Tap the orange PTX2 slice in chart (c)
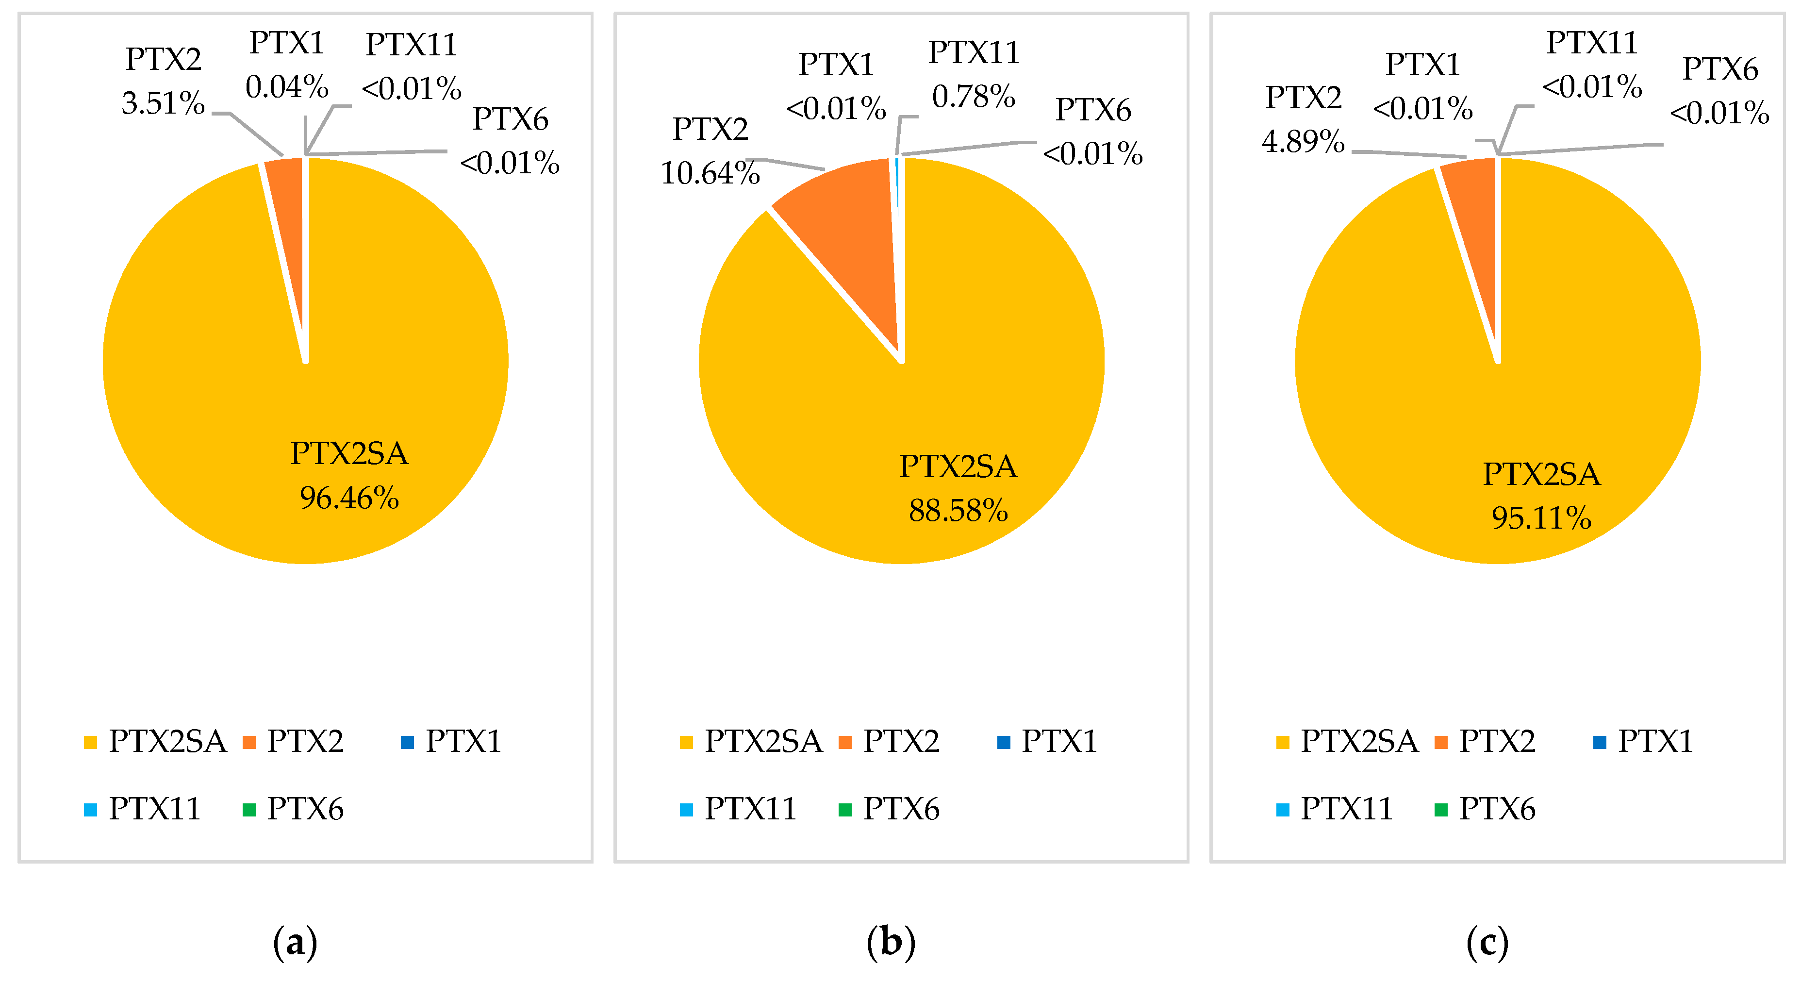pos(1475,217)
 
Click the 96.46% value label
pos(349,498)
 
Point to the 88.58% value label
pos(958,511)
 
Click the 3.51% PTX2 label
pos(163,103)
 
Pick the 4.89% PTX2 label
pos(1303,141)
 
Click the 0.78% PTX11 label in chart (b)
pos(973,97)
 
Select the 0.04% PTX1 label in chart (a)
pos(287,87)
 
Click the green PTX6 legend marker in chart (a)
pos(249,810)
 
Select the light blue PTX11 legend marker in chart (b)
pos(687,810)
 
